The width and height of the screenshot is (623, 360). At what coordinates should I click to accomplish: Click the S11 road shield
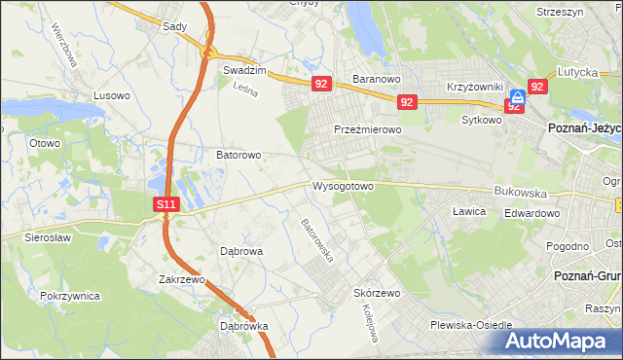166,204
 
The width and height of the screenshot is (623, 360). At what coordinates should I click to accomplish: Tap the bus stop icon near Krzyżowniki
519,96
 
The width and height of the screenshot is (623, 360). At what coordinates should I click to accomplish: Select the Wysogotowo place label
343,186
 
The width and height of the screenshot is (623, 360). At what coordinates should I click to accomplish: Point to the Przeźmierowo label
368,129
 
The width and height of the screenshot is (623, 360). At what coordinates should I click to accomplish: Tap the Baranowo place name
378,79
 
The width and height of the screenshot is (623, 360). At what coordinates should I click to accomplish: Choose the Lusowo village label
111,95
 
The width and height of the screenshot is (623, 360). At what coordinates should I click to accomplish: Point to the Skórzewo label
378,293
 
